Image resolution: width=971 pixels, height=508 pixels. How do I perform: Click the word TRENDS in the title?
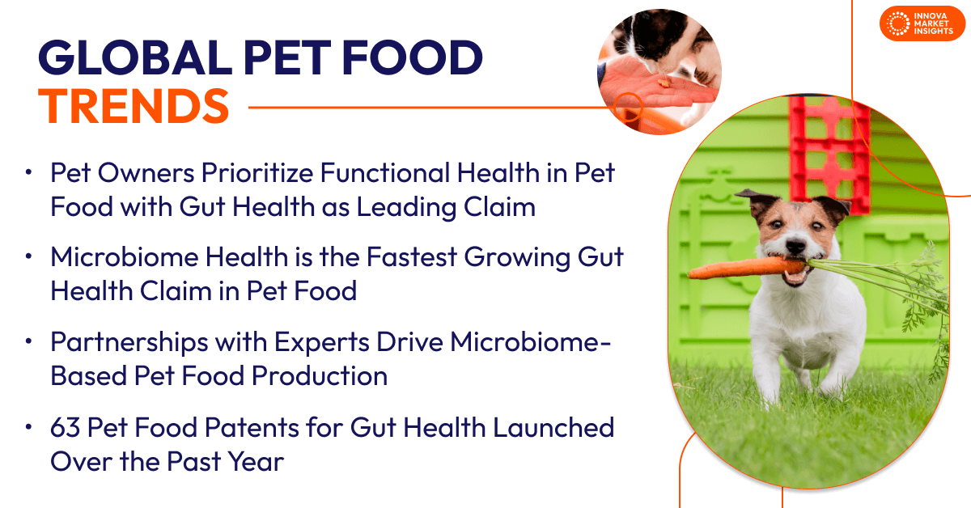pyautogui.click(x=134, y=106)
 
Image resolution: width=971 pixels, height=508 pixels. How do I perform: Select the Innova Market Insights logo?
pyautogui.click(x=922, y=23)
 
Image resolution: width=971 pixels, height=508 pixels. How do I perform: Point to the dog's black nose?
pyautogui.click(x=796, y=247)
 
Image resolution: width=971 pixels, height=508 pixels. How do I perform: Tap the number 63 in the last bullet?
pyautogui.click(x=65, y=427)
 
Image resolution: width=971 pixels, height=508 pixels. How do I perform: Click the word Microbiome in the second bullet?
pyautogui.click(x=125, y=256)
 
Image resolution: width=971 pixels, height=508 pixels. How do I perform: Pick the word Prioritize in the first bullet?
pyautogui.click(x=257, y=173)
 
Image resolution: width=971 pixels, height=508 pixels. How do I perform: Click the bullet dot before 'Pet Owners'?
pyautogui.click(x=28, y=172)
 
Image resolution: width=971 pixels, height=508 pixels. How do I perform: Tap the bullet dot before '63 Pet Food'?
pyautogui.click(x=28, y=426)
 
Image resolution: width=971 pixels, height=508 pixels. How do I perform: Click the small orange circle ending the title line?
pyautogui.click(x=628, y=107)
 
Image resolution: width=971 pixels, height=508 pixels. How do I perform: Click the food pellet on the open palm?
pyautogui.click(x=664, y=83)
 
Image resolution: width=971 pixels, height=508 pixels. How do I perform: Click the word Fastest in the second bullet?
pyautogui.click(x=412, y=256)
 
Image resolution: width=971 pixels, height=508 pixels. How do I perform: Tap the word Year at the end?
pyautogui.click(x=257, y=461)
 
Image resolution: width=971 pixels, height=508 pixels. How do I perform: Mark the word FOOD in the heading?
pyautogui.click(x=413, y=57)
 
